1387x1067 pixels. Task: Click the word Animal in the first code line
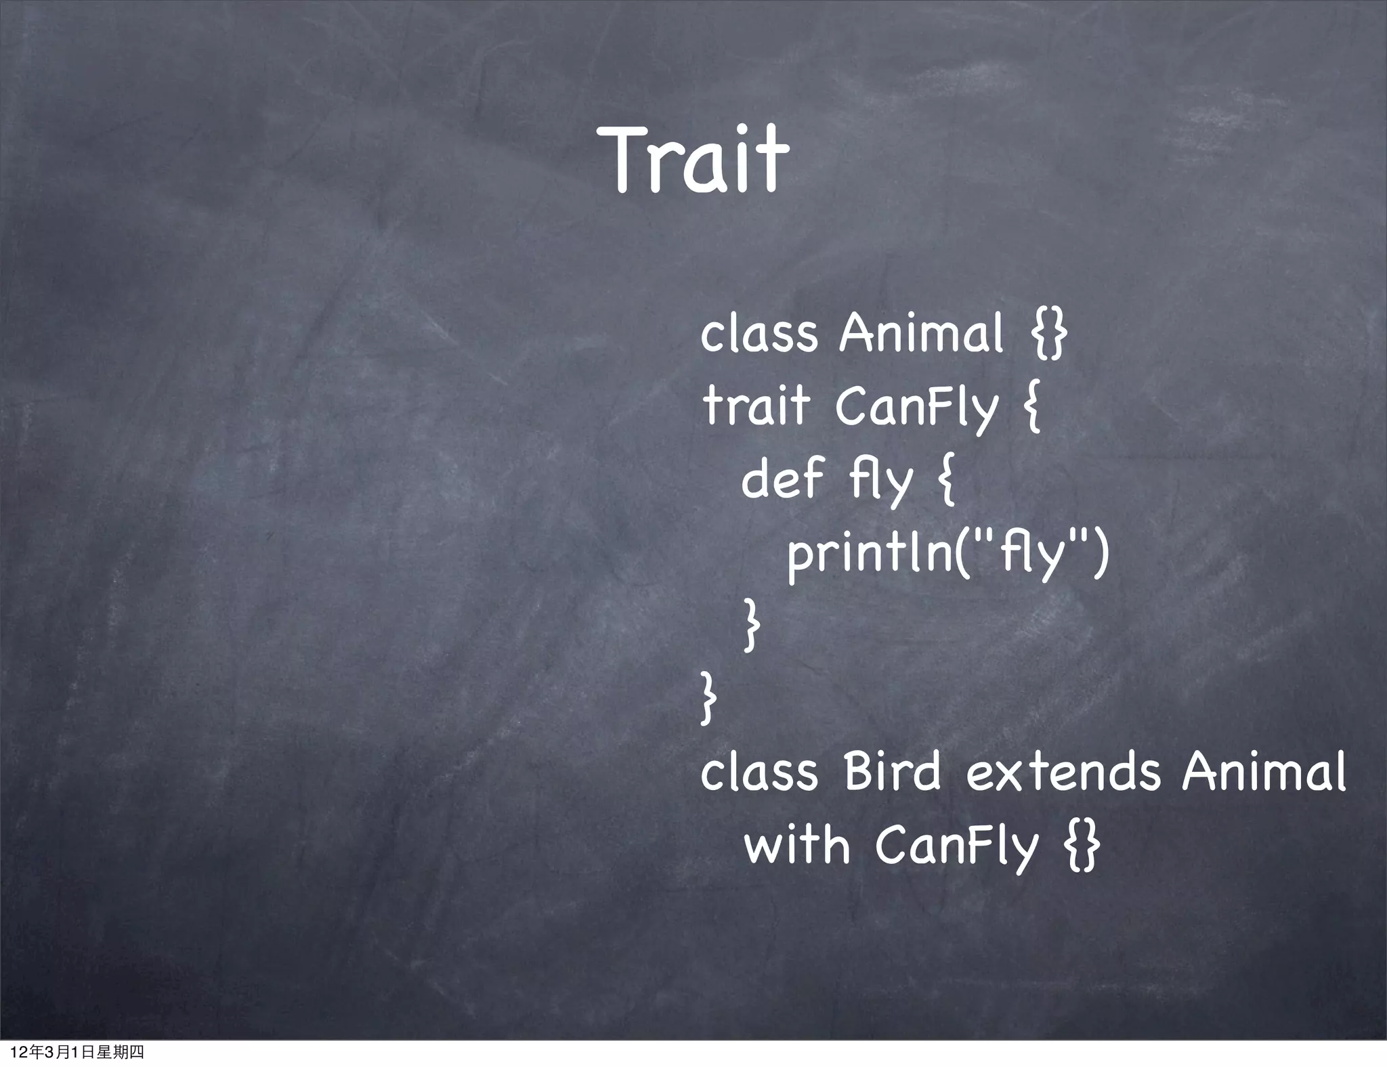point(920,334)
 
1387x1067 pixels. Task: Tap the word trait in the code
point(756,406)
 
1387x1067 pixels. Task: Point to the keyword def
point(782,479)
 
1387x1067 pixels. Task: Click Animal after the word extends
point(1264,772)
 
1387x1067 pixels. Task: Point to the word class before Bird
point(759,772)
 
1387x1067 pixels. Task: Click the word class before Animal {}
point(759,334)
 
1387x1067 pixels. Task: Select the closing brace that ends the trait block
point(708,701)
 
